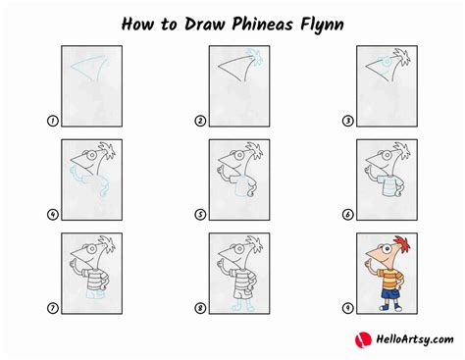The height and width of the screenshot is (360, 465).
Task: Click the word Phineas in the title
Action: pyautogui.click(x=262, y=25)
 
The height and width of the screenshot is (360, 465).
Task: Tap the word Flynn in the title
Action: pyautogui.click(x=323, y=26)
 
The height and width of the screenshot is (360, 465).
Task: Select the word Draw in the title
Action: pyautogui.click(x=204, y=25)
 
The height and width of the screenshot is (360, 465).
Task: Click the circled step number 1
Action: pyautogui.click(x=53, y=121)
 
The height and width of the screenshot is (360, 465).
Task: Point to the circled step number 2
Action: pyautogui.click(x=200, y=121)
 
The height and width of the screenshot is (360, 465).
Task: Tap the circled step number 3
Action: pyautogui.click(x=348, y=121)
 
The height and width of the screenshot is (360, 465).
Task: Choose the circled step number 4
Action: pyautogui.click(x=53, y=215)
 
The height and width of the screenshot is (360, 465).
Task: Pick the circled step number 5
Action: pyautogui.click(x=200, y=215)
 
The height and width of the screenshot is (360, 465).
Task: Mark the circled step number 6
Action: pyautogui.click(x=348, y=215)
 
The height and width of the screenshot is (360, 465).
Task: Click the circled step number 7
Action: pyautogui.click(x=53, y=308)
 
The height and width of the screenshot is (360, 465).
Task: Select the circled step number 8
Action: pyautogui.click(x=200, y=308)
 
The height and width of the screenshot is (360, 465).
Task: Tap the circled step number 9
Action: pyautogui.click(x=348, y=308)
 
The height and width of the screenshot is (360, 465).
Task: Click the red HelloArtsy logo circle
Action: pyautogui.click(x=363, y=339)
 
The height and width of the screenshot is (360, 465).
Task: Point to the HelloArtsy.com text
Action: pyautogui.click(x=415, y=339)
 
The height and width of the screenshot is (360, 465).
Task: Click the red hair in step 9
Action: pyautogui.click(x=404, y=243)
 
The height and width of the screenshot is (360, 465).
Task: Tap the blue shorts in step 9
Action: pyautogui.click(x=391, y=292)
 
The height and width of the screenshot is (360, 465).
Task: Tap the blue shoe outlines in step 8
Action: pyautogui.click(x=242, y=306)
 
